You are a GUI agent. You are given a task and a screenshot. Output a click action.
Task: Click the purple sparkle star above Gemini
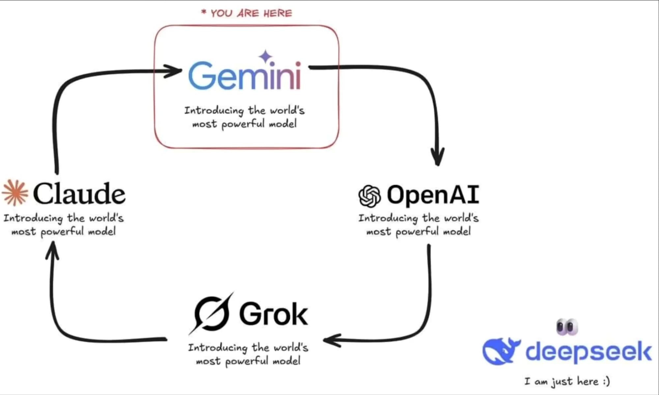[x=266, y=57]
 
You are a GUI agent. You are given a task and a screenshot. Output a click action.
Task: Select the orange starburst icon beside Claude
[x=15, y=193]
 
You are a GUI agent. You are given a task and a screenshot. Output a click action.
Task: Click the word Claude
[x=79, y=194]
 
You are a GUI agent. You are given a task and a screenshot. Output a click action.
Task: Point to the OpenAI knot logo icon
[x=369, y=196]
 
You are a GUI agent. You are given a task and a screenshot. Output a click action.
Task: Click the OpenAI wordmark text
[x=433, y=195]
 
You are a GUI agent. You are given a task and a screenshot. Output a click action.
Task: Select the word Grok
[x=273, y=314]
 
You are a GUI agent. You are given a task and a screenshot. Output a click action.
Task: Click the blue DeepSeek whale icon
[x=500, y=351]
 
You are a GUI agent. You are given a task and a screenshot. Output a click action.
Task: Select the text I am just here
[x=567, y=381]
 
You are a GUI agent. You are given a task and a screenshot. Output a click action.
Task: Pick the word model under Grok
[x=286, y=361]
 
